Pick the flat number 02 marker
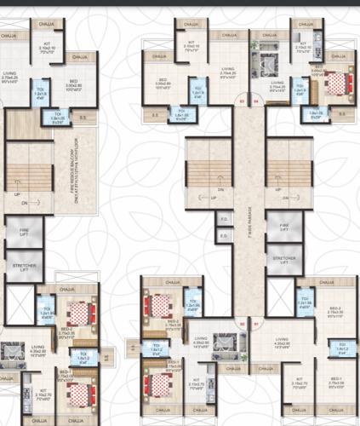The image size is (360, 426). [x=242, y=324]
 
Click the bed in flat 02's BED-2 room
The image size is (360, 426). [x=159, y=304]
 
